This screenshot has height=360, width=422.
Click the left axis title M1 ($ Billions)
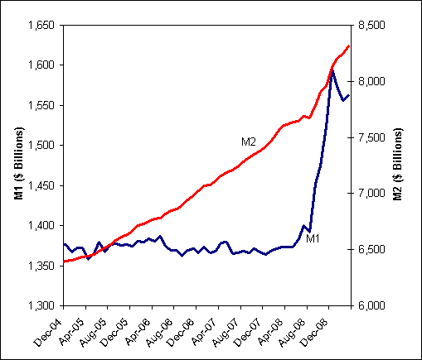point(12,166)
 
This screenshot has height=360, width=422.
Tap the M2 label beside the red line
point(249,142)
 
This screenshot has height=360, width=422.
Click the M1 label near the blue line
point(313,239)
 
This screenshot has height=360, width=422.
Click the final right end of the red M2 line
point(349,46)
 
